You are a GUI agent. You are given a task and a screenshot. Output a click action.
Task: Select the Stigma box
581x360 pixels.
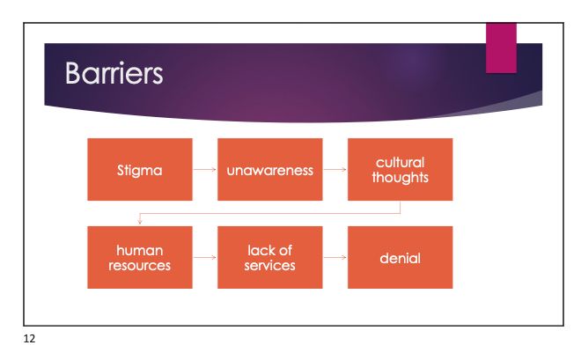139,170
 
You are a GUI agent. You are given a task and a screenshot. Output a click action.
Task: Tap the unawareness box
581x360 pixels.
269,170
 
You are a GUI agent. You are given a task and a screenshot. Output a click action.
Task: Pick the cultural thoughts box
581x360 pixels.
400,170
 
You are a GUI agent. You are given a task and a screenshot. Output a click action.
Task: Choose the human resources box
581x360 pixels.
139,257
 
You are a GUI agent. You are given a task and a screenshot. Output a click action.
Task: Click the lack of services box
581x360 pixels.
269,257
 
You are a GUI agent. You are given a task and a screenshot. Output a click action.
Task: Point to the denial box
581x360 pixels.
400,258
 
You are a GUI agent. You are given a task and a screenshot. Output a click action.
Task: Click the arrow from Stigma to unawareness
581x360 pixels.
204,170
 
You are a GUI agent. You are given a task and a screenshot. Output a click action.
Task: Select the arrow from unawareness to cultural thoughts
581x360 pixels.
335,170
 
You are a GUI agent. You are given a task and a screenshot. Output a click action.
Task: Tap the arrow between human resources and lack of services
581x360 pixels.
204,258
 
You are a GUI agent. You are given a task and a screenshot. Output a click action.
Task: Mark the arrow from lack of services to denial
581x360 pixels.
335,258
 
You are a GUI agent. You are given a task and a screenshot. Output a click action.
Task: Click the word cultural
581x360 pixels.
401,162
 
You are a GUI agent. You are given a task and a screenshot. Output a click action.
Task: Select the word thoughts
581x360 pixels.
401,177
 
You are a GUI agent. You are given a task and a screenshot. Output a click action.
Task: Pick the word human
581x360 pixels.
140,250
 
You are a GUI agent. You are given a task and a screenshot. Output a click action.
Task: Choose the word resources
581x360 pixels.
140,265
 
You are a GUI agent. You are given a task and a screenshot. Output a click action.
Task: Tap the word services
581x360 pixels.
270,265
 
